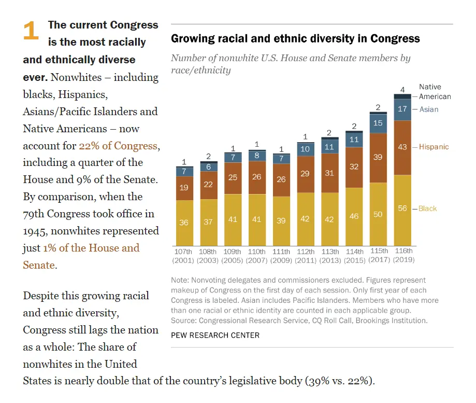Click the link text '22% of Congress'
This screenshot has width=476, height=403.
tap(119, 146)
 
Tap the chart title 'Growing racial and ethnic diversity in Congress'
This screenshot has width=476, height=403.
tap(295, 39)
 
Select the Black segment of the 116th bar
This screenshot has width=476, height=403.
tap(402, 210)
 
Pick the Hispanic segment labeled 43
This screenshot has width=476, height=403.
tap(402, 147)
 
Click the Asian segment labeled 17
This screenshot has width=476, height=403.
tap(402, 109)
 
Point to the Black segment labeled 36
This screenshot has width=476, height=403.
tap(184, 223)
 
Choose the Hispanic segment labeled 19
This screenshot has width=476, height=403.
tap(184, 188)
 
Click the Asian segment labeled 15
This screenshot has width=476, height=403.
tap(378, 123)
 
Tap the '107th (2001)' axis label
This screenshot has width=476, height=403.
tap(184, 255)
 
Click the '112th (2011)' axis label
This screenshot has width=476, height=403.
tap(305, 255)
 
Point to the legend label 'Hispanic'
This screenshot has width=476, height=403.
tap(434, 147)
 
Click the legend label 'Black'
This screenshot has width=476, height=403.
tap(427, 209)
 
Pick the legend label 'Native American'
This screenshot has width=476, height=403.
tap(435, 92)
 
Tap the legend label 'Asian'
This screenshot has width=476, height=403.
tap(428, 109)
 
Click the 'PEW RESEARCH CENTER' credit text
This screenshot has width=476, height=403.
tap(215, 335)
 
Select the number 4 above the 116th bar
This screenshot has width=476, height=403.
tap(402, 89)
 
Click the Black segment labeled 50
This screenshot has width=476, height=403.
tap(378, 214)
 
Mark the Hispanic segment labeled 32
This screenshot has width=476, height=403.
tap(354, 167)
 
